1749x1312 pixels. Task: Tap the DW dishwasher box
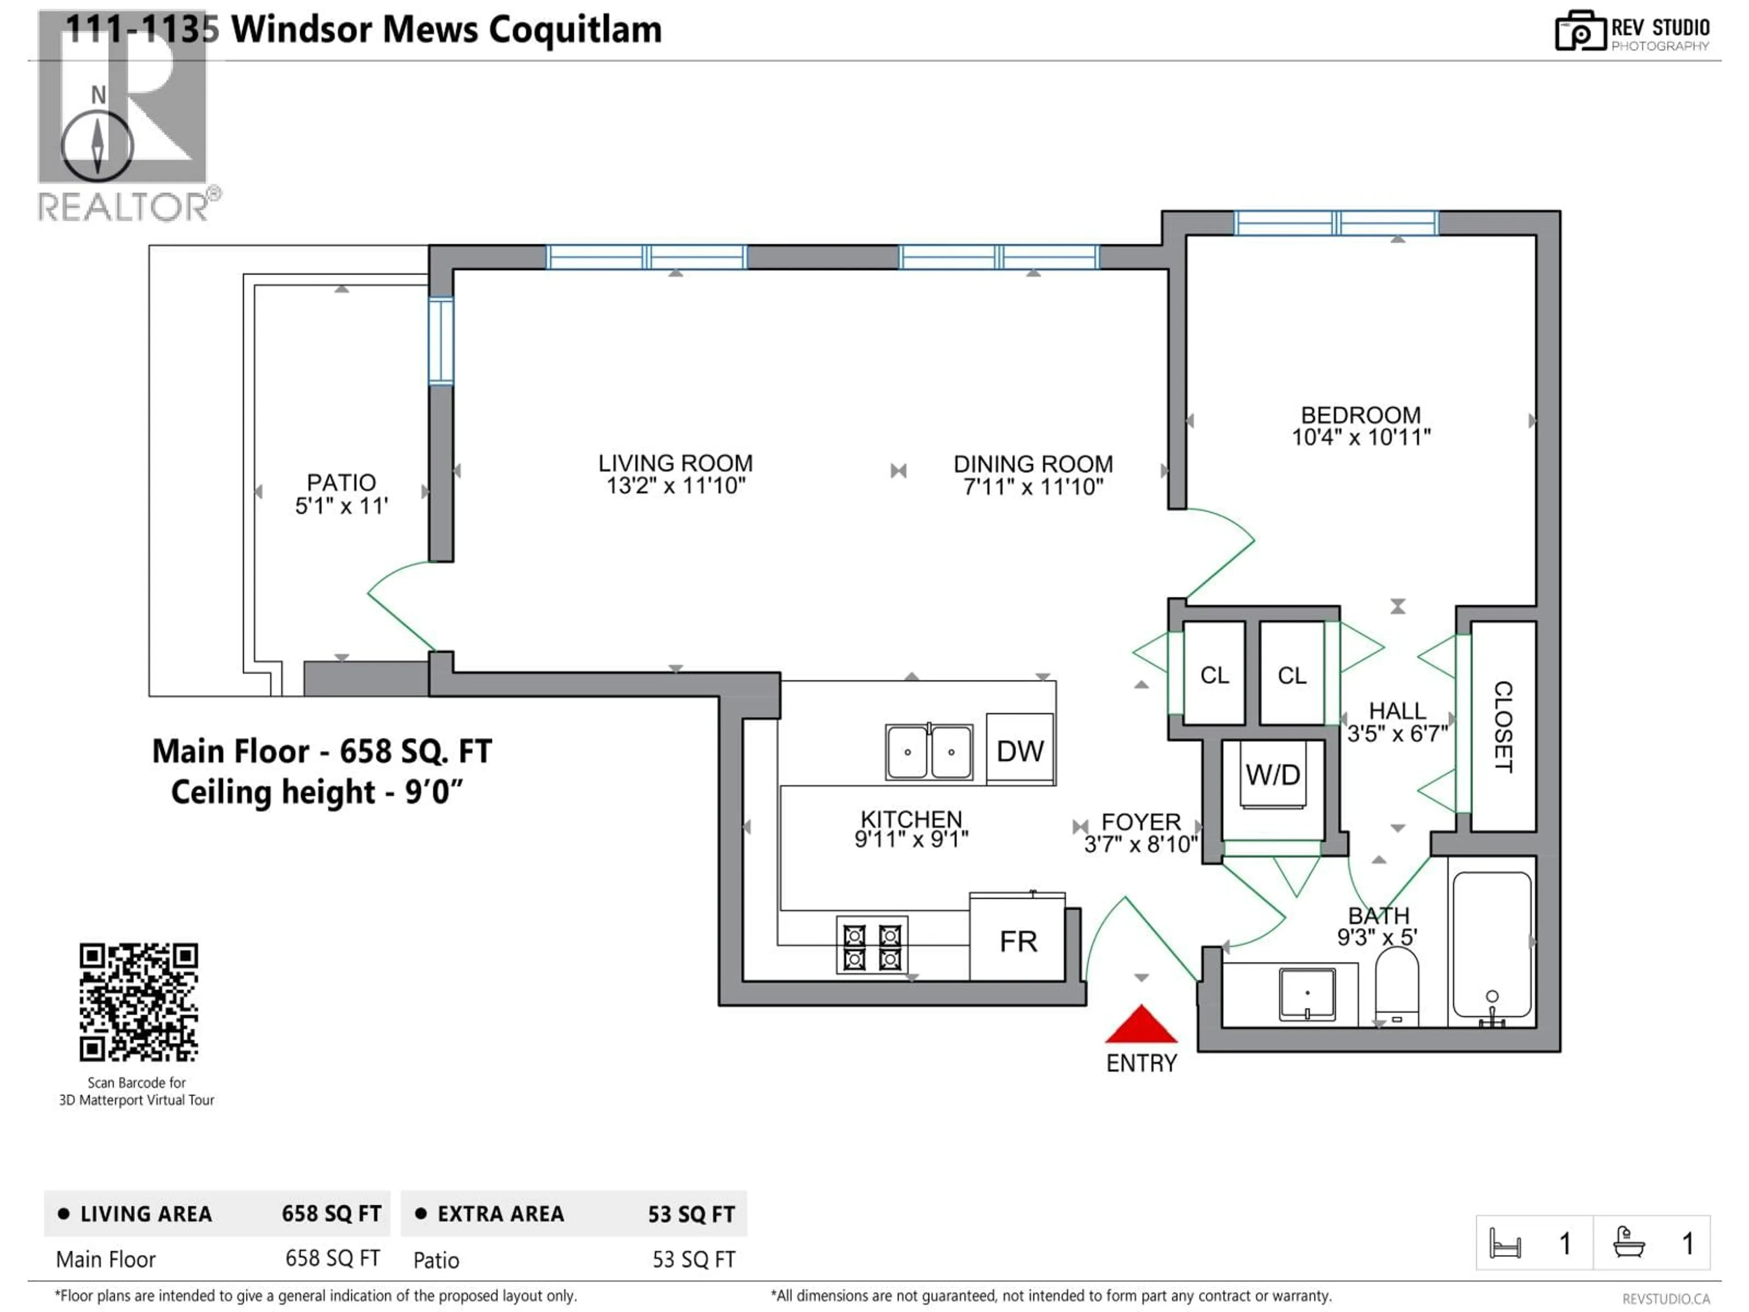pos(1020,750)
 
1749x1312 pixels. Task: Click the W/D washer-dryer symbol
pos(1272,775)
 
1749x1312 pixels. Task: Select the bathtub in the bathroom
pos(1491,945)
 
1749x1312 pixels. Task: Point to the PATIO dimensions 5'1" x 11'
pos(342,506)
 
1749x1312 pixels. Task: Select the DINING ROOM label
pos(1033,464)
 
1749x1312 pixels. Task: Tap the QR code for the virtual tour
pos(138,1001)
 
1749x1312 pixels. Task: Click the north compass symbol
pos(97,145)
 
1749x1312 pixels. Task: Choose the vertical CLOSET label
pos(1502,726)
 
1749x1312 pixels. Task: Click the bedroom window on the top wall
pos(1335,223)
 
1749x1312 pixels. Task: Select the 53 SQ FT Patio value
pos(693,1260)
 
